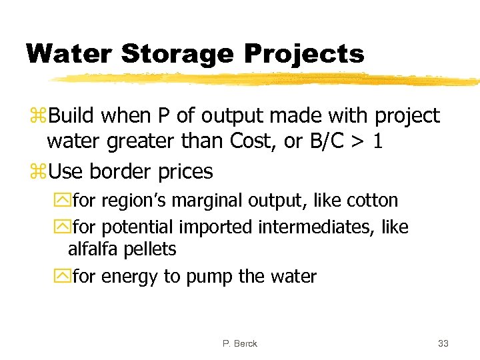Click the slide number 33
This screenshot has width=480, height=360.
point(443,343)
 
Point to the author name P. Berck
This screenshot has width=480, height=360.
point(240,343)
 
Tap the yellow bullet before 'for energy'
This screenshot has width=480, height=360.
point(62,276)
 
